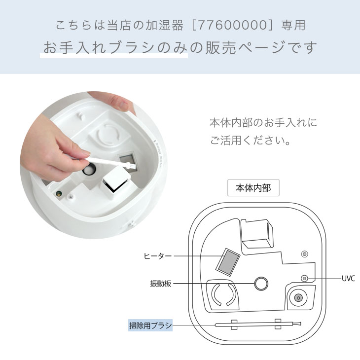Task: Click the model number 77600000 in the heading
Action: [232, 25]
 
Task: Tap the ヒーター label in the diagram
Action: [157, 256]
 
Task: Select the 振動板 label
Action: [160, 284]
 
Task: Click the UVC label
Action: [348, 279]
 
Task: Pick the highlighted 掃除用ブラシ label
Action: [150, 325]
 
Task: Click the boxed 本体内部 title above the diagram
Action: [253, 188]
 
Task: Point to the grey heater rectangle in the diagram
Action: [228, 262]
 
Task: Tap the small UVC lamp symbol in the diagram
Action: [304, 279]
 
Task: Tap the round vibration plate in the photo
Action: [89, 169]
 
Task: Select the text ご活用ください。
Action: [251, 140]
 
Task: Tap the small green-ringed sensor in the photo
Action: [59, 193]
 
